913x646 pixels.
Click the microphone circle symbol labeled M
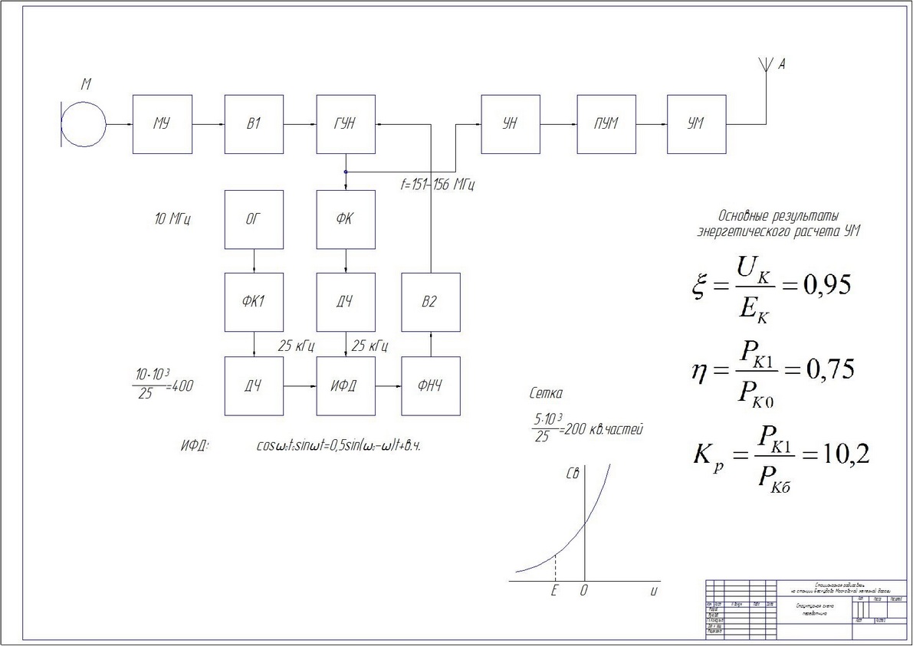(84, 124)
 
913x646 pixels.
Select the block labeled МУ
(162, 124)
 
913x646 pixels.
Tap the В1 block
(254, 124)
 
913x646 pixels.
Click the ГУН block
(346, 124)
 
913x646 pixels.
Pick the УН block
(510, 124)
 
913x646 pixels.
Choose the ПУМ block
(606, 124)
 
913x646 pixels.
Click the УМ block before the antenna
(696, 124)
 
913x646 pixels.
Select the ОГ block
(254, 220)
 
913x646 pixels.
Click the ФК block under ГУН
(346, 220)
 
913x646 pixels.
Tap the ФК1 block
(254, 301)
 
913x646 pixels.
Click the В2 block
(431, 301)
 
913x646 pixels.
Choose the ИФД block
(346, 386)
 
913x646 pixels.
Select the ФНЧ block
(431, 386)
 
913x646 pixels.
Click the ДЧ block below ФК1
(254, 386)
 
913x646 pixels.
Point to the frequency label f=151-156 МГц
(441, 185)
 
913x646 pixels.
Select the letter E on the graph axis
(554, 591)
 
